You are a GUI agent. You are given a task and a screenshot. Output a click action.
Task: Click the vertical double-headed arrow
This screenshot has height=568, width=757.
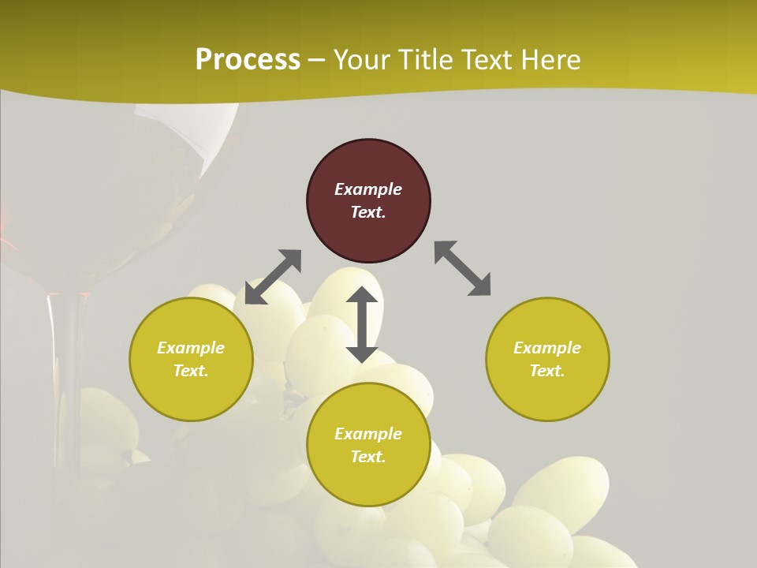click(x=362, y=324)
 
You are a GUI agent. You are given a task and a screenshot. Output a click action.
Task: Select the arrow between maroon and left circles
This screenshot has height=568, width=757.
click(x=273, y=277)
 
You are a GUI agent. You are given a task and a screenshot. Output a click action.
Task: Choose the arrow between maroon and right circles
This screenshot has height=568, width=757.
click(x=462, y=269)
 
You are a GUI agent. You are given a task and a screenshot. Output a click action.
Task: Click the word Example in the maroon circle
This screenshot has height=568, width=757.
click(x=368, y=189)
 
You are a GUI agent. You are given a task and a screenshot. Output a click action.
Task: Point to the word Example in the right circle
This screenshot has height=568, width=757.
click(x=547, y=348)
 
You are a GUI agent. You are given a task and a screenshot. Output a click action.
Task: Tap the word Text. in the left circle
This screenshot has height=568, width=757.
click(x=191, y=371)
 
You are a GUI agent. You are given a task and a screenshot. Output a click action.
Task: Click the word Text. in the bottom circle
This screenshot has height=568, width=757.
click(x=368, y=457)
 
